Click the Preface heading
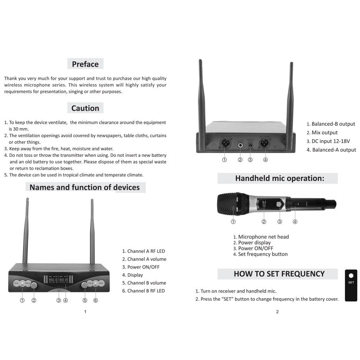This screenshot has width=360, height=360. pos(85,64)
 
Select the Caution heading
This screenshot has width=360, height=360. pos(85,108)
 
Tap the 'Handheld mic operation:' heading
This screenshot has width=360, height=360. pos(279,178)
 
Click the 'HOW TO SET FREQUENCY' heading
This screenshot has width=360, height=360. pos(279,274)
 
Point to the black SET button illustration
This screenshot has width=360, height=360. pos(351,285)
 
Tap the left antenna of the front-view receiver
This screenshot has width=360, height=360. pos(26,230)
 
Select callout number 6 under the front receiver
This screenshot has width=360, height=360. pos(95,301)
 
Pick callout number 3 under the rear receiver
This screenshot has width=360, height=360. pos(250,160)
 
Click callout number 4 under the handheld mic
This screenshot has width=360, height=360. pos(295,222)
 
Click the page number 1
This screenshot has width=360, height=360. pos(85,312)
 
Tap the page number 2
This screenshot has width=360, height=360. pos(277,312)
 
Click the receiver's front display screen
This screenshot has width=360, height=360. pos(59,279)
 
